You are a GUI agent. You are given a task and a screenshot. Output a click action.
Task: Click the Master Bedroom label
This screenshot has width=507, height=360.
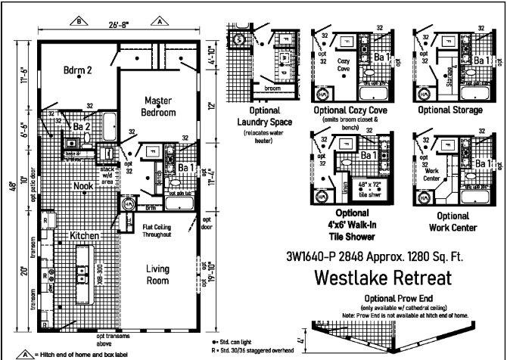[157, 106]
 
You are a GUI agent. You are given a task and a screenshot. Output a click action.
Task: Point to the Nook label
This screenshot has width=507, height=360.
[83, 185]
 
